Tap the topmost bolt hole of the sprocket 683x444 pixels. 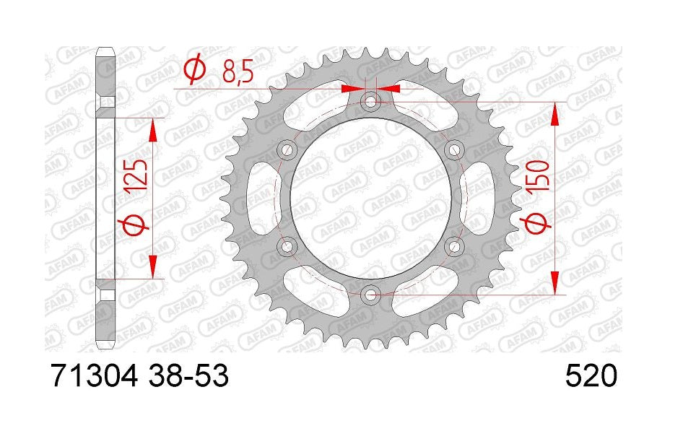pos(371,102)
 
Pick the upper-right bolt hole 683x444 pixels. pos(454,150)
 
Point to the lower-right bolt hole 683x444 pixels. pos(454,246)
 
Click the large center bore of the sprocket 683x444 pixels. pos(371,198)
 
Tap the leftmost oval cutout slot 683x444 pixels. pos(258,198)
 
